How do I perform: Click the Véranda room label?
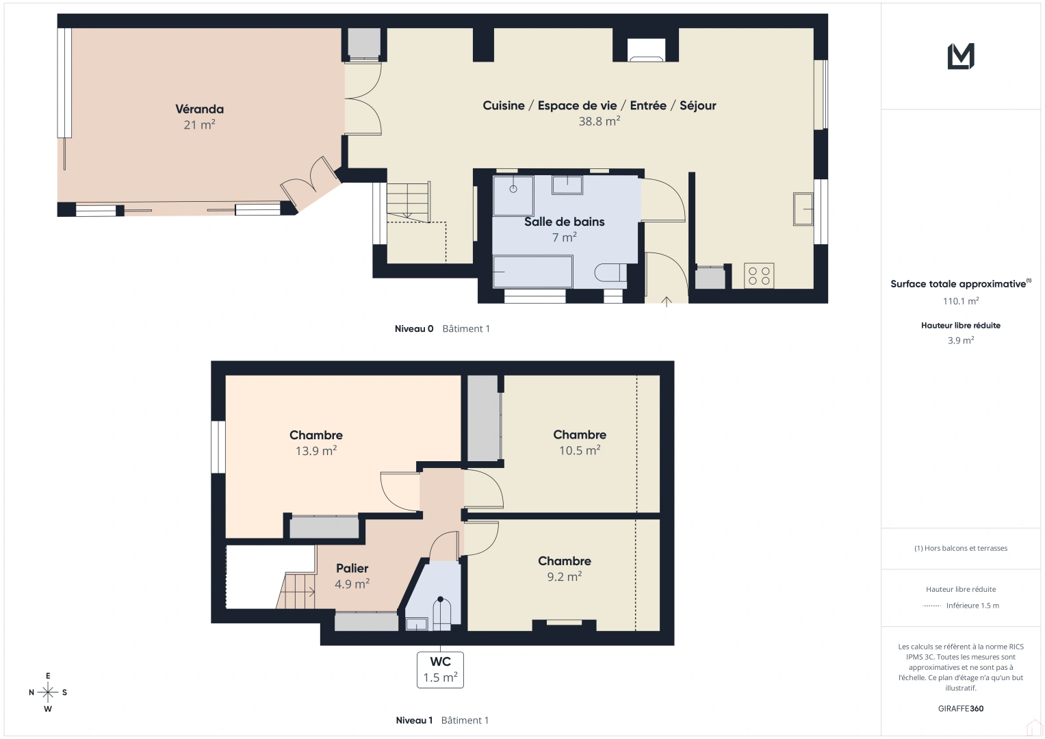(x=199, y=109)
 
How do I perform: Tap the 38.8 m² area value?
(x=599, y=121)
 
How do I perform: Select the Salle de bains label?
(x=564, y=222)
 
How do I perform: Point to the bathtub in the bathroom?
(x=532, y=272)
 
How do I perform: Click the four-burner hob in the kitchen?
(x=758, y=276)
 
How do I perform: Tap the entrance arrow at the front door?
(x=666, y=301)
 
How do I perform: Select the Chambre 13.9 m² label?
(x=315, y=435)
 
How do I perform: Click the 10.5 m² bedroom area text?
(x=579, y=450)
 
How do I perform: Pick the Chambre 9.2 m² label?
(x=564, y=561)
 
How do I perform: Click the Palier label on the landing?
(x=352, y=569)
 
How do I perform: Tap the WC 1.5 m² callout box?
(x=440, y=669)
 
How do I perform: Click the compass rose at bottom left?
(x=48, y=692)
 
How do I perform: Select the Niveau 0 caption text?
(x=413, y=329)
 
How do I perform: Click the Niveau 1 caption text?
(x=414, y=721)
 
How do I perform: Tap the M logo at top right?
(x=960, y=56)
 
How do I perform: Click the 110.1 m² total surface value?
(x=960, y=301)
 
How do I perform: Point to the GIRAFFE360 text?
(x=960, y=709)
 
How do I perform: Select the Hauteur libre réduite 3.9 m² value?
(x=960, y=340)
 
